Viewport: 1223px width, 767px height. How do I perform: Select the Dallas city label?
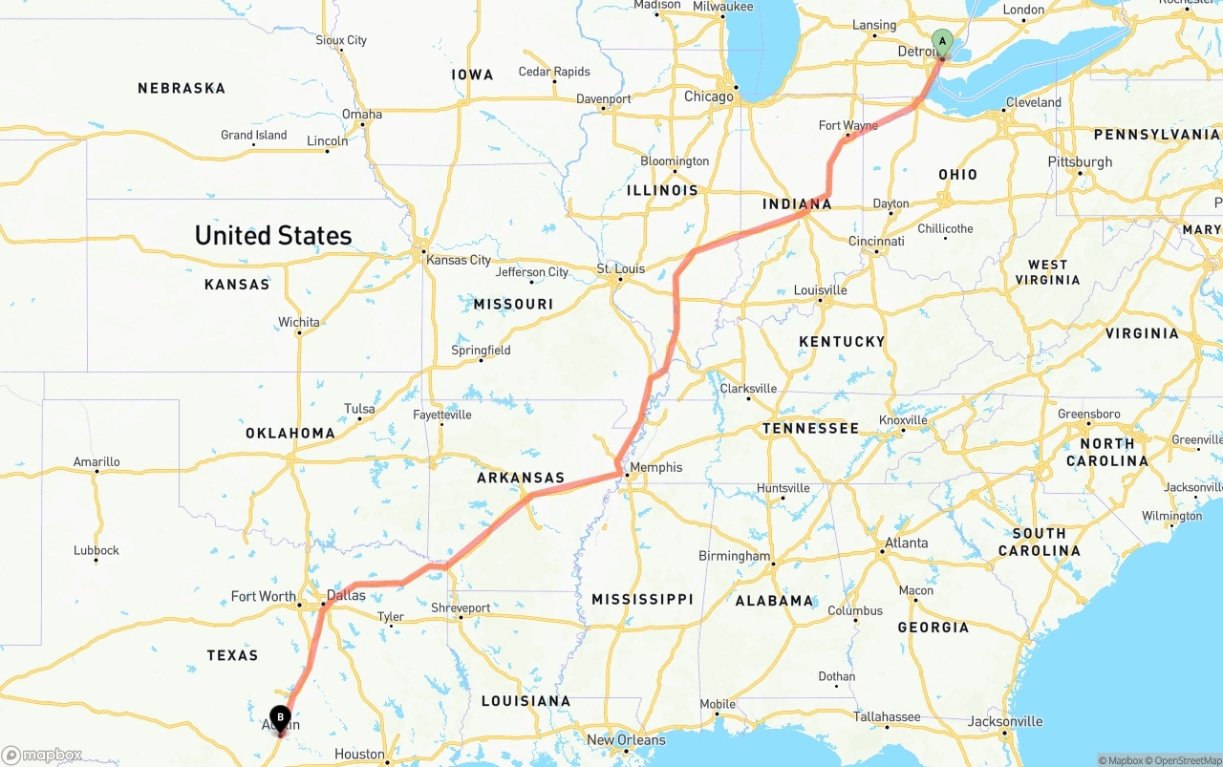[346, 595]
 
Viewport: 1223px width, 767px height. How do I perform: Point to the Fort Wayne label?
[848, 125]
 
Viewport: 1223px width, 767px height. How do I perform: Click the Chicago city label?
[708, 96]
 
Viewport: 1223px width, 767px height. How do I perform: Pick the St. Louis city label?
[621, 268]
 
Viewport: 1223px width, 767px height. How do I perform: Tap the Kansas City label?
[459, 260]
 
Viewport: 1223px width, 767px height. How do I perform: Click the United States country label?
[273, 235]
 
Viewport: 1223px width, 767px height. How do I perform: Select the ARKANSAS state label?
[521, 478]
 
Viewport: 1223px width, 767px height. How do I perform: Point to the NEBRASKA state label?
[182, 88]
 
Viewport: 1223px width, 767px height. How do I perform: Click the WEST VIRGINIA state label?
[1047, 272]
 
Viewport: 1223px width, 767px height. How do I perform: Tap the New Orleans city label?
[627, 740]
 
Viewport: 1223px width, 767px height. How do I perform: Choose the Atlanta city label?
[906, 543]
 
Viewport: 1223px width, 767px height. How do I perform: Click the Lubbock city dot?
[96, 560]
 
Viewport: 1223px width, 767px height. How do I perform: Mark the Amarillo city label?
[97, 461]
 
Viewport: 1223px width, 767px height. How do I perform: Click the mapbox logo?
[42, 756]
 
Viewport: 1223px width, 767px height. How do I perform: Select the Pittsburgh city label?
[1080, 161]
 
